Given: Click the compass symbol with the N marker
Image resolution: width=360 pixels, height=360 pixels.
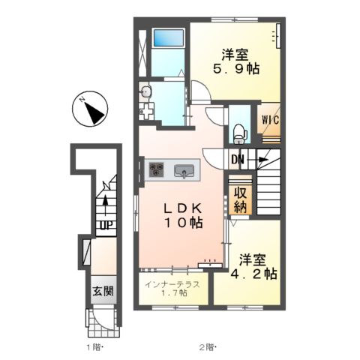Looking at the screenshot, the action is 90,109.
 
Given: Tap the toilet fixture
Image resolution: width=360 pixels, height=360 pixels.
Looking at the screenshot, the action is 240,134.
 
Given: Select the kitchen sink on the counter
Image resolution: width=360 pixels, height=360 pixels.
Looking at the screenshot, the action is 184,171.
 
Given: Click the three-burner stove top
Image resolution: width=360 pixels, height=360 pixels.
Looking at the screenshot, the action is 156,169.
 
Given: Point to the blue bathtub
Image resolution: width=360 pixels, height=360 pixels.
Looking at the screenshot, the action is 169,37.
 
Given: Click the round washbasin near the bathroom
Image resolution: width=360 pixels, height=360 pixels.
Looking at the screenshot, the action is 145,91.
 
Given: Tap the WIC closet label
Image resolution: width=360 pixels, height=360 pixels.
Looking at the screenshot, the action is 270,120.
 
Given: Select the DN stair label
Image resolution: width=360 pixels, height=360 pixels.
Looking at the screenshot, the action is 237,159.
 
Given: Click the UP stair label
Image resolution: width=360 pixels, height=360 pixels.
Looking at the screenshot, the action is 106,226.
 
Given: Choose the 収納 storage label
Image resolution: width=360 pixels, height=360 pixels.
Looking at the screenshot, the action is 240,199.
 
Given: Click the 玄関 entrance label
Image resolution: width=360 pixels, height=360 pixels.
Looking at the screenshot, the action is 103,291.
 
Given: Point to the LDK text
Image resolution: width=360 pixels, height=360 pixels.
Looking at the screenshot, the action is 182,208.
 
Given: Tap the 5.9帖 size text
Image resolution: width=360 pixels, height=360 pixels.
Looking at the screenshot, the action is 236,69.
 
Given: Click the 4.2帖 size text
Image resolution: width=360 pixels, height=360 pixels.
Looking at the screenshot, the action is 253,274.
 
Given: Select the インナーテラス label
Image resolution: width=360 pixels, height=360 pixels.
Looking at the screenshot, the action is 172,284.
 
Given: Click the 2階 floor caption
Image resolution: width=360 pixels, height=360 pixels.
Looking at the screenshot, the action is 208,347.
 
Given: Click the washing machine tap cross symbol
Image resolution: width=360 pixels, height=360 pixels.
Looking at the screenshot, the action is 145,111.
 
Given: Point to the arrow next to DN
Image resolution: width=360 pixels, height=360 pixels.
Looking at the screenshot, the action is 257,159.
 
